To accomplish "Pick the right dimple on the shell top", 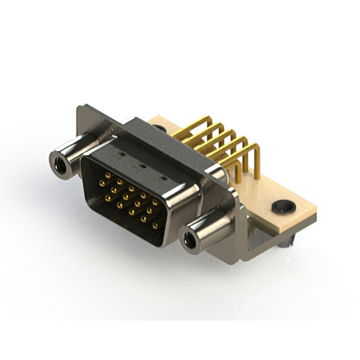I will [x=163, y=178].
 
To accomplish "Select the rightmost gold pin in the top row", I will [x=155, y=202].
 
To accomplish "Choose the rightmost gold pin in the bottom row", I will [x=155, y=226].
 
